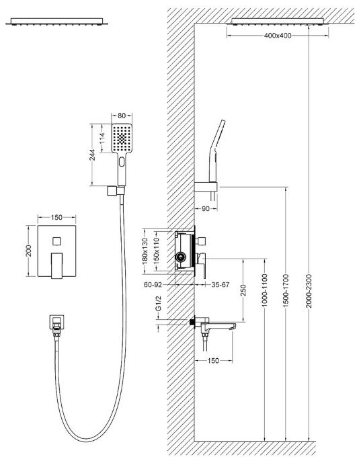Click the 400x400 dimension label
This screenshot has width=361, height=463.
pos(278,36)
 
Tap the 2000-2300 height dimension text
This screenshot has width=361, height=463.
pos(309,291)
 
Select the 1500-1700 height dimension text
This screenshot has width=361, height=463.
pos(286,291)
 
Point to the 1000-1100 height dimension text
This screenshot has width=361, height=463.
pos(264,290)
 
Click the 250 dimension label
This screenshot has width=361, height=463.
pos(243,290)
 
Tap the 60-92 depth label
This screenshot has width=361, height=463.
pos(153,285)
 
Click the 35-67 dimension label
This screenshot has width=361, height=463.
pos(220,285)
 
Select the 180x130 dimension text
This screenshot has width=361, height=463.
pos(145,251)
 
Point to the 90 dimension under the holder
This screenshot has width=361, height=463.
pos(206,209)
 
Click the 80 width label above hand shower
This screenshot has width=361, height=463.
pos(122,116)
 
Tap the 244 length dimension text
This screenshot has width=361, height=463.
pos(93,155)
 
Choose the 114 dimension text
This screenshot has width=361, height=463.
pos(102,138)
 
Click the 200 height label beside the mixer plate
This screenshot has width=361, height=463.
pos(29,251)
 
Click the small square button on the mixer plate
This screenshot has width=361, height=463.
pos(56,241)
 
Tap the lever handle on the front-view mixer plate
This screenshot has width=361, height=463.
pos(56,265)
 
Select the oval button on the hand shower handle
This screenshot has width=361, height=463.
pos(122,162)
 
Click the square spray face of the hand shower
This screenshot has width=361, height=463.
pos(122,138)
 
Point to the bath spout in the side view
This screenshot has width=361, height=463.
pos(218,326)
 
